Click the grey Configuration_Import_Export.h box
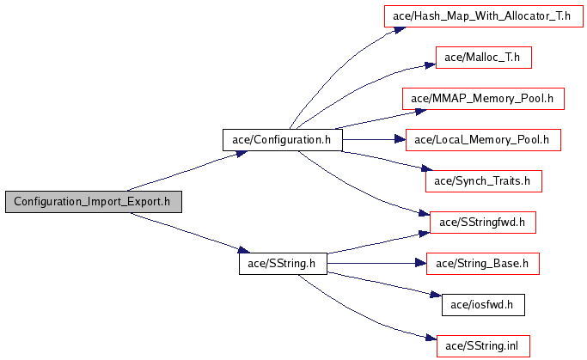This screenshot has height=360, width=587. [x=94, y=202]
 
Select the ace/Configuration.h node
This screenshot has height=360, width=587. [x=282, y=140]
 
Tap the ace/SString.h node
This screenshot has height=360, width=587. [x=283, y=264]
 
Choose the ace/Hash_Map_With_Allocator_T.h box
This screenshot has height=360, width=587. [x=483, y=16]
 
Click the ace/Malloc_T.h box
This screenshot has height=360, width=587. [x=483, y=58]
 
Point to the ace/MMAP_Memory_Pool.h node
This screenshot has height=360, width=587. [x=483, y=99]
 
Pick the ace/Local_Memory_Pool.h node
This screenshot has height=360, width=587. [x=483, y=140]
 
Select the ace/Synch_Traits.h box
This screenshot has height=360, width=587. [x=483, y=181]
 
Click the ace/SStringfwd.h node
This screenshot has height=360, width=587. [x=482, y=223]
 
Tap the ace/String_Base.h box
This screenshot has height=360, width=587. [x=482, y=264]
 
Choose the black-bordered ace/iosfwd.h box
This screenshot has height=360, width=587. [x=483, y=305]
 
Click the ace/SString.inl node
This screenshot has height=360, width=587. [x=483, y=346]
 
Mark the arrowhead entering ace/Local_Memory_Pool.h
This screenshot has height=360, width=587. [x=401, y=140]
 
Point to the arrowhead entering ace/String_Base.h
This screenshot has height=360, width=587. [x=421, y=264]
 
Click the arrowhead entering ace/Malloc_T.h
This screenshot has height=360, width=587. [x=430, y=65]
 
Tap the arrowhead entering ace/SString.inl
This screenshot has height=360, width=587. [x=431, y=338]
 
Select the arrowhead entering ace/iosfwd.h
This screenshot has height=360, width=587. [x=436, y=296]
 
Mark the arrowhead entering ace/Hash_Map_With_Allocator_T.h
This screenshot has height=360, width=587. [x=400, y=30]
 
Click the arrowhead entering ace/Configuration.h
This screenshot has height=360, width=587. [x=242, y=154]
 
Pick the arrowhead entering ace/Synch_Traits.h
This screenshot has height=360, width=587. [x=427, y=168]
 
